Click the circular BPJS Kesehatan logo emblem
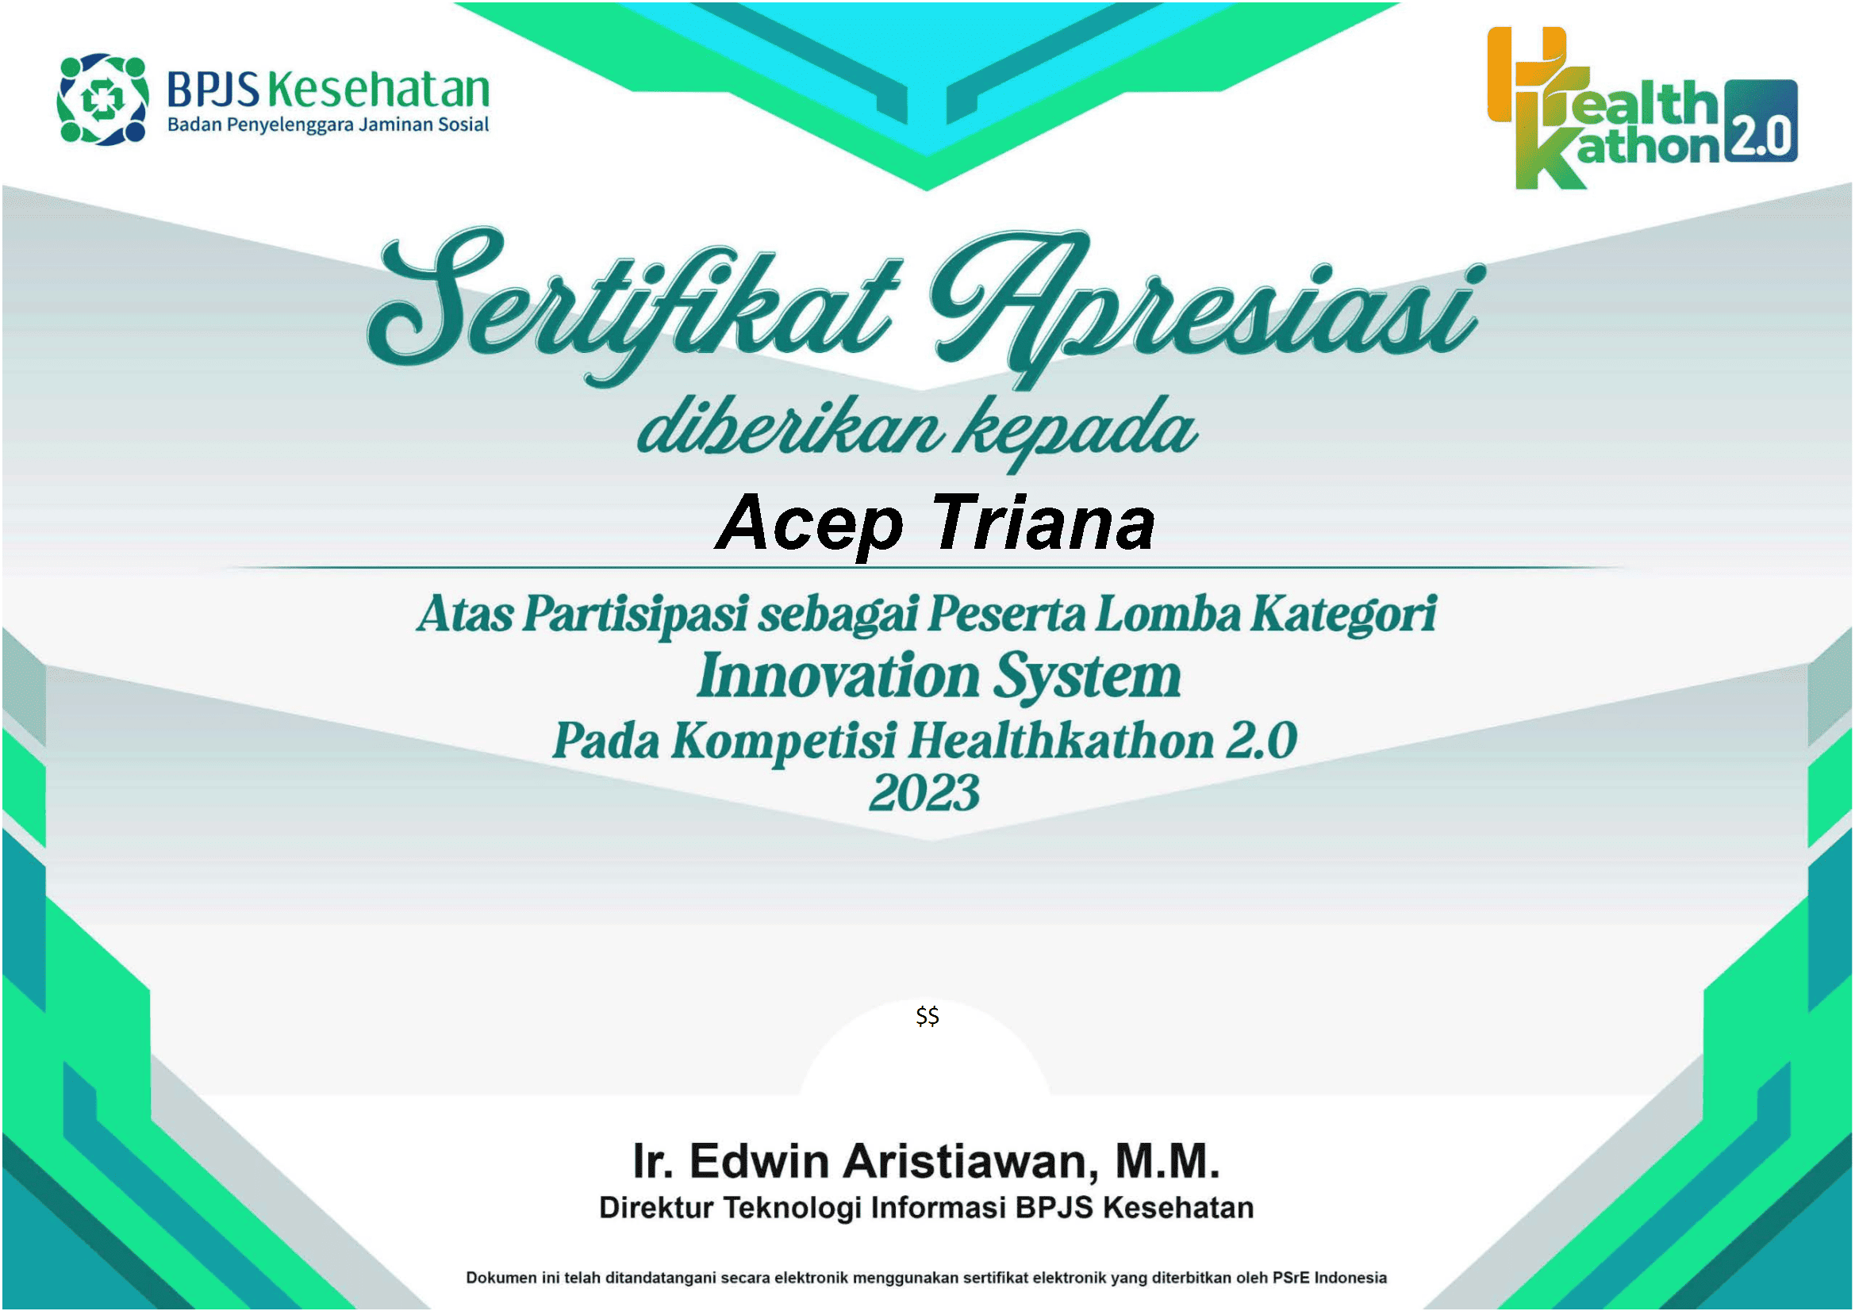[x=102, y=99]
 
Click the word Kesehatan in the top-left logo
[x=378, y=89]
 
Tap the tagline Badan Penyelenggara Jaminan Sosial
[x=327, y=125]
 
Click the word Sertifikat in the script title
[x=634, y=303]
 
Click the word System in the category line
[x=1087, y=676]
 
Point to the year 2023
[x=924, y=793]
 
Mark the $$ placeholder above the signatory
[x=927, y=1016]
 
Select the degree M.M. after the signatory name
[x=1167, y=1162]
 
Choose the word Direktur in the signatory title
[x=656, y=1209]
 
